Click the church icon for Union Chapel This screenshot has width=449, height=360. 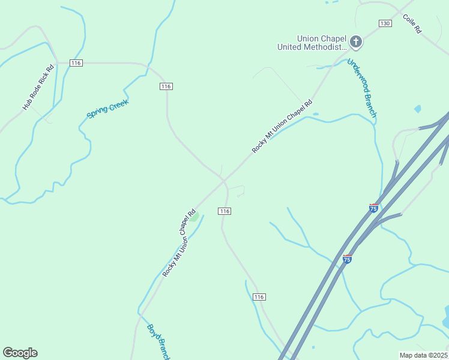point(355,42)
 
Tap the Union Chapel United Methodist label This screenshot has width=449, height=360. point(312,43)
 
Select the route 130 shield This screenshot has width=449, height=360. point(385,23)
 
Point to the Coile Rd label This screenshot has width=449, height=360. point(413,25)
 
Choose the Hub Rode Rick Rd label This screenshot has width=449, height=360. point(38,87)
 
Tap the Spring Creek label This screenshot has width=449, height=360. point(108,109)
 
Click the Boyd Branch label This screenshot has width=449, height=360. point(158,342)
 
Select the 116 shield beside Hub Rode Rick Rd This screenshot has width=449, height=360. point(76,63)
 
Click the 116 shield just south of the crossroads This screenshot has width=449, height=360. point(224,211)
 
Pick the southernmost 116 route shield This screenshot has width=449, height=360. point(259,297)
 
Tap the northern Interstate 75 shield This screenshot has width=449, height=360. point(373,208)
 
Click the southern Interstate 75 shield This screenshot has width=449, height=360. point(347,259)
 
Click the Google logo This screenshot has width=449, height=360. point(20,353)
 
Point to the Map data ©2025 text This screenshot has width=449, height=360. point(424,355)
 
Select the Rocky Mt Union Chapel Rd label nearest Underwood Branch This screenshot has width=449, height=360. point(282,126)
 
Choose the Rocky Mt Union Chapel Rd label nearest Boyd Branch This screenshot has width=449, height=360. point(179,242)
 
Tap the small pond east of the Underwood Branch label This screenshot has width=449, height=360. point(418,109)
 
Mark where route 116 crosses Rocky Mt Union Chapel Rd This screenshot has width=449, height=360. point(223,180)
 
